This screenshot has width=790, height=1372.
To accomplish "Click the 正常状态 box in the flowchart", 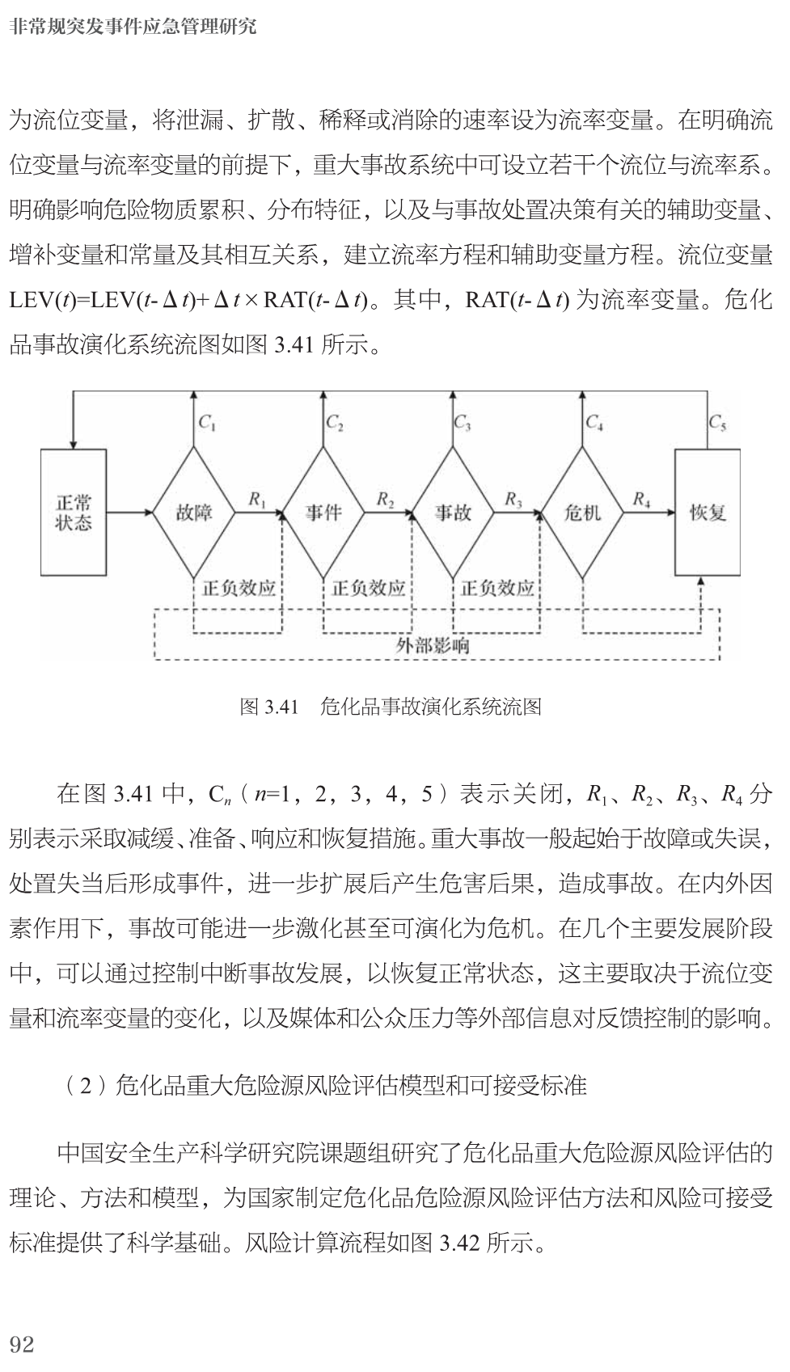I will pyautogui.click(x=73, y=513).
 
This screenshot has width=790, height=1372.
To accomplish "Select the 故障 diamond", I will pyautogui.click(x=194, y=513).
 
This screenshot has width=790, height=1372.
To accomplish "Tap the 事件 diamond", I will pyautogui.click(x=323, y=513).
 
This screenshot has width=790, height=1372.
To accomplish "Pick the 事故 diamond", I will pyautogui.click(x=453, y=513).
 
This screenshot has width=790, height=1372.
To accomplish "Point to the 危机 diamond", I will pyautogui.click(x=582, y=513).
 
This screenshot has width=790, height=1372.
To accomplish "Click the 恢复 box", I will pyautogui.click(x=708, y=513).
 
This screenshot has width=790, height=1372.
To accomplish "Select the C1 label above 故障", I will pyautogui.click(x=207, y=422).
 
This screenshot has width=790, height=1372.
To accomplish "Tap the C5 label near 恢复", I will pyautogui.click(x=717, y=422).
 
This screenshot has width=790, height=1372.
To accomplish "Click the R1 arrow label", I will pyautogui.click(x=257, y=500).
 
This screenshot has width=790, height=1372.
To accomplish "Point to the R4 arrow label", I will pyautogui.click(x=641, y=500).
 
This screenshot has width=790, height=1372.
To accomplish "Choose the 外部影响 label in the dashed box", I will pyautogui.click(x=433, y=645).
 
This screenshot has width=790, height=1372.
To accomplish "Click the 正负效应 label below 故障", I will pyautogui.click(x=239, y=588).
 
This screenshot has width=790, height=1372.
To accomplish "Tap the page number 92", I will pyautogui.click(x=22, y=1344).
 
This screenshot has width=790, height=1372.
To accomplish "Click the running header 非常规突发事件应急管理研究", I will pyautogui.click(x=133, y=27).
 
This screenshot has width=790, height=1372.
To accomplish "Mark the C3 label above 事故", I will pyautogui.click(x=463, y=422).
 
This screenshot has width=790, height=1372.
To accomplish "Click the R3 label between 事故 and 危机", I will pyautogui.click(x=513, y=500).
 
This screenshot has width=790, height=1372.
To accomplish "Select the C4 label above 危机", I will pyautogui.click(x=594, y=422).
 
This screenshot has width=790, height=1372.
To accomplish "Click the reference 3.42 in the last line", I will pyautogui.click(x=459, y=1243).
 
